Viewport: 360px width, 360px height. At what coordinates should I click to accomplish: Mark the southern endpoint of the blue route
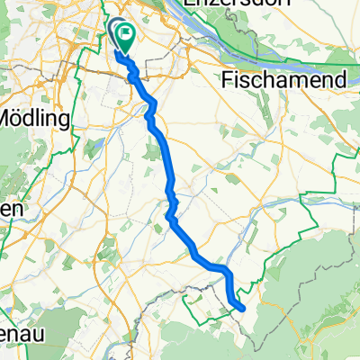click(242, 308)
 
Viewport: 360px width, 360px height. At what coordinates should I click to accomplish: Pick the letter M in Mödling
click(12, 117)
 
